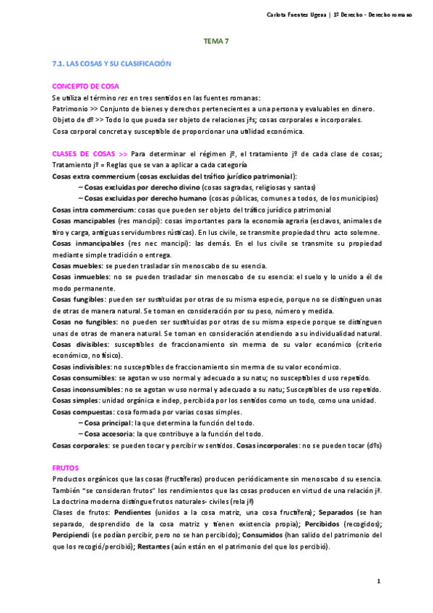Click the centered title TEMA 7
click(216, 41)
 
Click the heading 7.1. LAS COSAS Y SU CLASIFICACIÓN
click(111, 64)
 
